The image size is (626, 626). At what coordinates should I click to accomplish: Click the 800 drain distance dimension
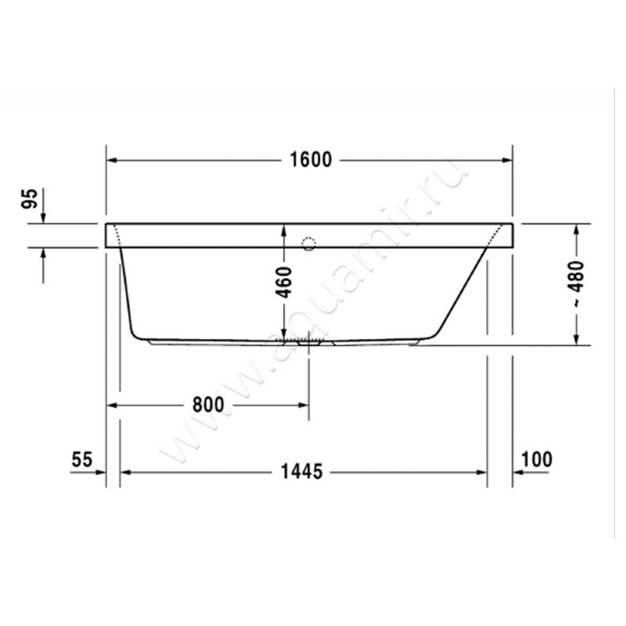click(x=207, y=405)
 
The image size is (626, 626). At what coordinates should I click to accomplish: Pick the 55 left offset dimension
click(x=82, y=459)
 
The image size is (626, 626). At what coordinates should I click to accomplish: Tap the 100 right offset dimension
click(x=536, y=459)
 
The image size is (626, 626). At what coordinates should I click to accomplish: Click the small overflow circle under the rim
click(x=308, y=243)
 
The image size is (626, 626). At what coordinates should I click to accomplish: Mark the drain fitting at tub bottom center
click(x=308, y=342)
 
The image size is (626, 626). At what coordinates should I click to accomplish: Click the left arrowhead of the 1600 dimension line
click(x=112, y=160)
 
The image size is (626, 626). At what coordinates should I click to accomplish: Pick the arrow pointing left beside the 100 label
click(x=518, y=472)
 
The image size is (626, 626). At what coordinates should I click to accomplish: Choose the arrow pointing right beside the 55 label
click(x=99, y=472)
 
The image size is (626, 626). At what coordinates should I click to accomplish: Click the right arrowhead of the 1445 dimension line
click(x=482, y=472)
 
